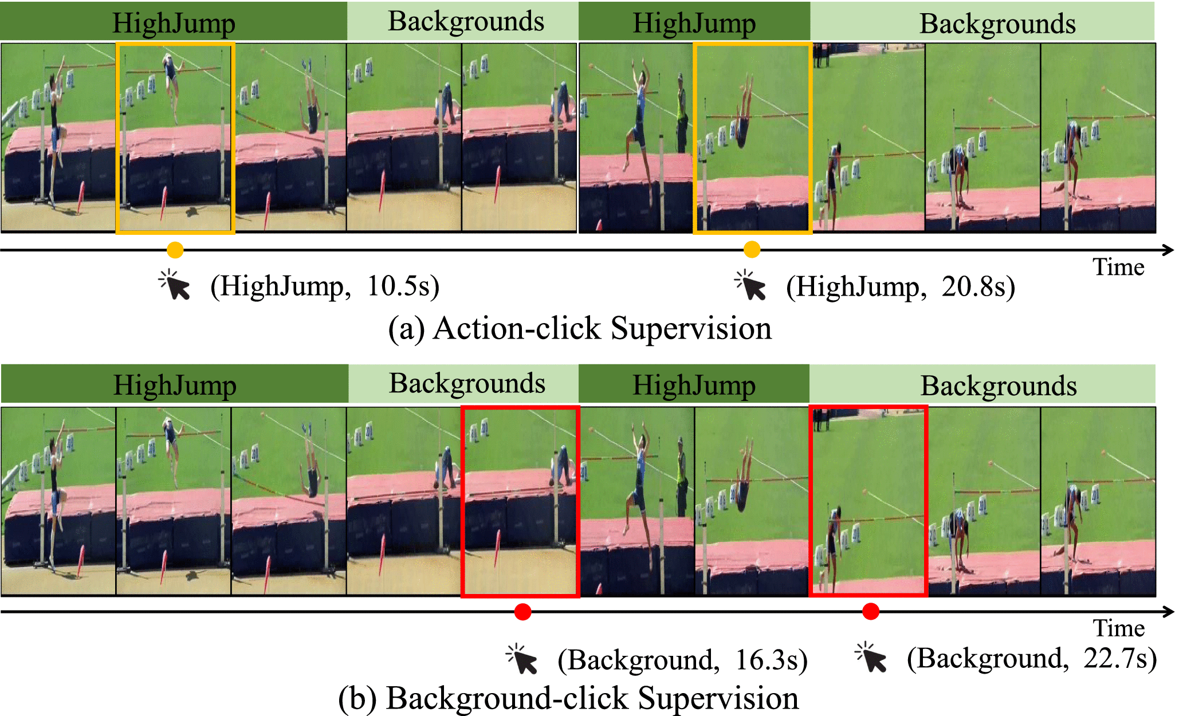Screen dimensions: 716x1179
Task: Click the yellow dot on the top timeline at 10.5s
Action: (175, 250)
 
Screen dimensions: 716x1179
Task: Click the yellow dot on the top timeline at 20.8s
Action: (752, 250)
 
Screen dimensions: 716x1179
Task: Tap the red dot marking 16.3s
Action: (522, 612)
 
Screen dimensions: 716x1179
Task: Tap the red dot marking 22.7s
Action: (871, 612)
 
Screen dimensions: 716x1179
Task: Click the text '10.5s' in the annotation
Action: (403, 286)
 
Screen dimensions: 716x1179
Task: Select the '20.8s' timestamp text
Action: (978, 286)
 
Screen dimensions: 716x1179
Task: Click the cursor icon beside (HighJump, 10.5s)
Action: (175, 285)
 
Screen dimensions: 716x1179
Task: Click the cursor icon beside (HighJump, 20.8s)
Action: (751, 285)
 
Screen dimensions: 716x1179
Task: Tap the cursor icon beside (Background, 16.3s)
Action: (522, 660)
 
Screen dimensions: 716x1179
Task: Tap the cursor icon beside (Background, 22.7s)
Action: (871, 658)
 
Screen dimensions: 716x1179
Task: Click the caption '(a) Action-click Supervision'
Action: (580, 329)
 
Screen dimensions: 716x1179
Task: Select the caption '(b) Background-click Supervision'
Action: (568, 698)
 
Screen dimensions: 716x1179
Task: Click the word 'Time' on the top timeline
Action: (1118, 267)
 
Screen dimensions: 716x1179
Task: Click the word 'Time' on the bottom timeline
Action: (1119, 628)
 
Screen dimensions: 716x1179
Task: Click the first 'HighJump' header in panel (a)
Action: (174, 23)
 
